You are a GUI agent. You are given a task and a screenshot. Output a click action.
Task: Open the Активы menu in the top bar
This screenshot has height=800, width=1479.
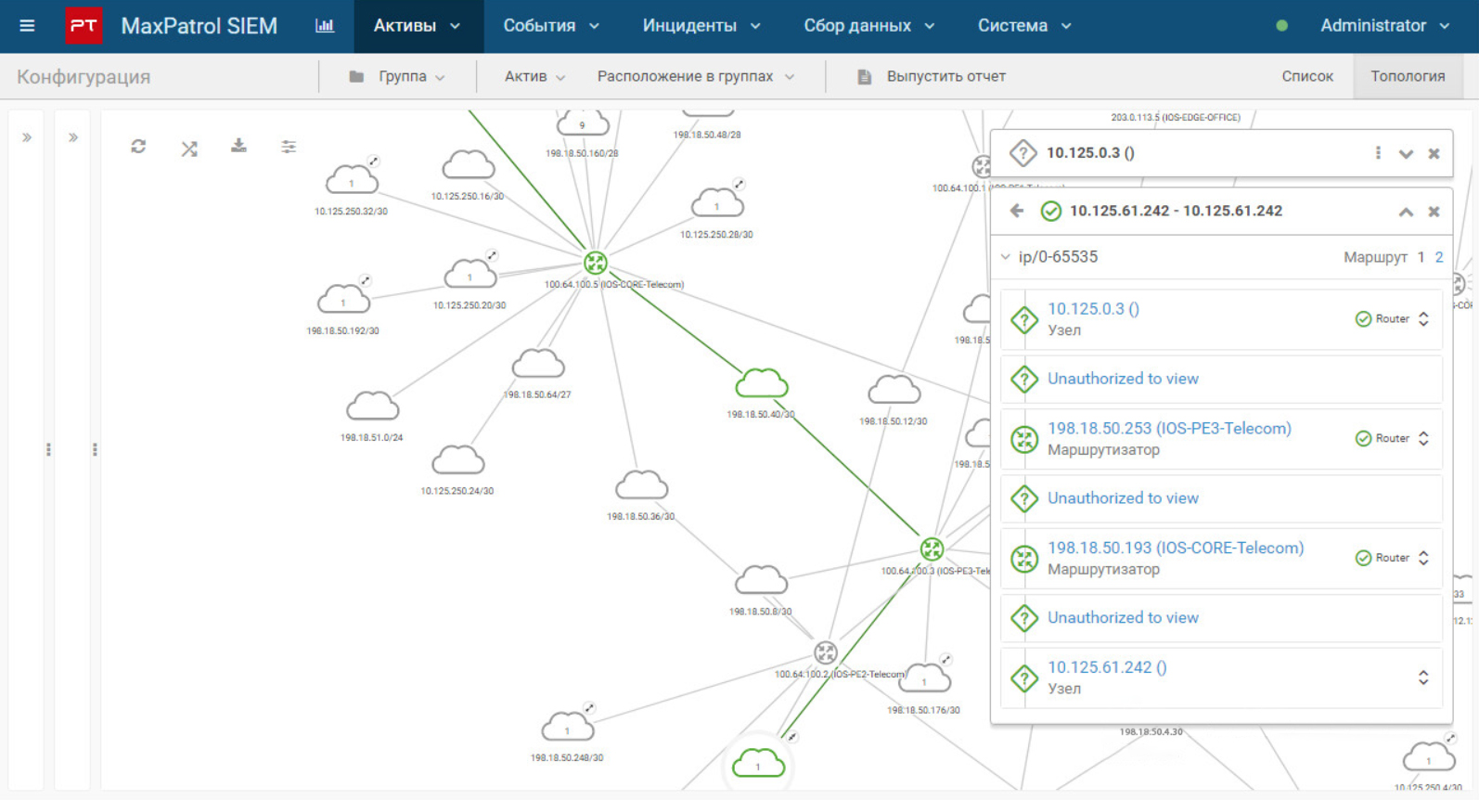pyautogui.click(x=417, y=26)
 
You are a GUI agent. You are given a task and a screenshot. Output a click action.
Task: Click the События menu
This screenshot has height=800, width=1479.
pyautogui.click(x=550, y=26)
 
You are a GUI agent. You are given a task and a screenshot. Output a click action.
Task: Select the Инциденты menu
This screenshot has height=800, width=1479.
pyautogui.click(x=701, y=26)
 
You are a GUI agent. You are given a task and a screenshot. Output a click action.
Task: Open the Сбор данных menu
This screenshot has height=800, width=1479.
pyautogui.click(x=868, y=26)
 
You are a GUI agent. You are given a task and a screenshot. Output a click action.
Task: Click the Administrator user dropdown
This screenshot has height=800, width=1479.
pyautogui.click(x=1383, y=26)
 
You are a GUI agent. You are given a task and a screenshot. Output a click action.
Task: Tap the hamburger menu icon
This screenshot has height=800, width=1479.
pyautogui.click(x=27, y=26)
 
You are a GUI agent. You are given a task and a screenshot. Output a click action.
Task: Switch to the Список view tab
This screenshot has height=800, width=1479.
pyautogui.click(x=1306, y=77)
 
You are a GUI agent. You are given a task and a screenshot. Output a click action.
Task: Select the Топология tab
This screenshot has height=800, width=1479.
pyautogui.click(x=1407, y=77)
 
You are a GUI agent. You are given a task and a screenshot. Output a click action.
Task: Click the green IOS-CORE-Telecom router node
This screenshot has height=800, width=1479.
pyautogui.click(x=596, y=263)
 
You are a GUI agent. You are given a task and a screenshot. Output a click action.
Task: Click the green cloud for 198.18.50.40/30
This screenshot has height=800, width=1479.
pyautogui.click(x=762, y=383)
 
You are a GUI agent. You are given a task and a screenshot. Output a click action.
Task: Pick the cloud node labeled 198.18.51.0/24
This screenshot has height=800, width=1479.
pyautogui.click(x=372, y=406)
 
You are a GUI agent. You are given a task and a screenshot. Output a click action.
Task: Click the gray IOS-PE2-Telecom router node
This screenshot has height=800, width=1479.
pyautogui.click(x=825, y=652)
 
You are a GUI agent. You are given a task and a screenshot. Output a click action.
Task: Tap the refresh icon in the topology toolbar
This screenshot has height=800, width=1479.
pyautogui.click(x=138, y=147)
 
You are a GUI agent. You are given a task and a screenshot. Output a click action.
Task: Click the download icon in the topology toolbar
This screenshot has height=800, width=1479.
pyautogui.click(x=238, y=147)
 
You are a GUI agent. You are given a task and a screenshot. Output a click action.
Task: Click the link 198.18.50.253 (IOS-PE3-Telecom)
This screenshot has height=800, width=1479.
pyautogui.click(x=1169, y=429)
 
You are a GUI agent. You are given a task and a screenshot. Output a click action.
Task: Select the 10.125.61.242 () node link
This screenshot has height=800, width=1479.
pyautogui.click(x=1107, y=667)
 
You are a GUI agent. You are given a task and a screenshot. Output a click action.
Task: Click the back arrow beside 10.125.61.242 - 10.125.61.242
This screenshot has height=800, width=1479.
pyautogui.click(x=1017, y=212)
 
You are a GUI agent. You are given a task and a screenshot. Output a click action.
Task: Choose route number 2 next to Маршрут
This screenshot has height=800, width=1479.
pyautogui.click(x=1439, y=257)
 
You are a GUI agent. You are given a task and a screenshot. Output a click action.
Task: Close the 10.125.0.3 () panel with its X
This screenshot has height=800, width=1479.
pyautogui.click(x=1434, y=154)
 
